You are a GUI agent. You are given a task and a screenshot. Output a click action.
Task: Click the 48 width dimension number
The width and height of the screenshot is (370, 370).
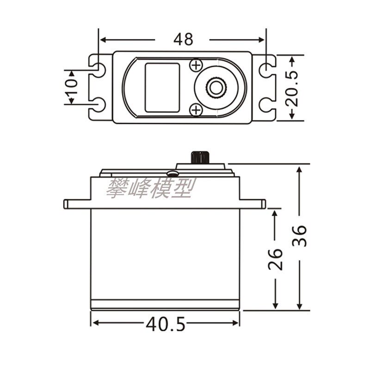point(183,39)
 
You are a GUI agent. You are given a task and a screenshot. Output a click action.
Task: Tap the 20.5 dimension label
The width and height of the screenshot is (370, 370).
point(292,88)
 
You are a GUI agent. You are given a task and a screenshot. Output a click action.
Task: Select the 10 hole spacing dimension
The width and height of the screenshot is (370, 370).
point(72,87)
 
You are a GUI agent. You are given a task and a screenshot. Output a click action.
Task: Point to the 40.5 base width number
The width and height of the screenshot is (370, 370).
point(166,324)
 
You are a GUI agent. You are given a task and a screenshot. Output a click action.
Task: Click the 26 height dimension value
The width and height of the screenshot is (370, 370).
point(275,259)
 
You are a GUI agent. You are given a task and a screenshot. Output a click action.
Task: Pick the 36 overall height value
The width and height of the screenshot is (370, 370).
point(299,236)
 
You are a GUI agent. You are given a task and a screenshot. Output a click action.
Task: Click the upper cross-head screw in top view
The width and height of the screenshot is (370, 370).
point(196,65)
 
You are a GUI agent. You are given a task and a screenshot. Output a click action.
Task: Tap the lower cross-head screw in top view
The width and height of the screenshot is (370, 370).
point(196,110)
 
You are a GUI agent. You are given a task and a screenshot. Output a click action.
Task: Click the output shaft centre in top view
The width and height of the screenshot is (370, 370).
point(216,88)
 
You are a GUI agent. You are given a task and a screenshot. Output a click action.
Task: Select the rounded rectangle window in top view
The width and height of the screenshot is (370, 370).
point(162,87)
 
